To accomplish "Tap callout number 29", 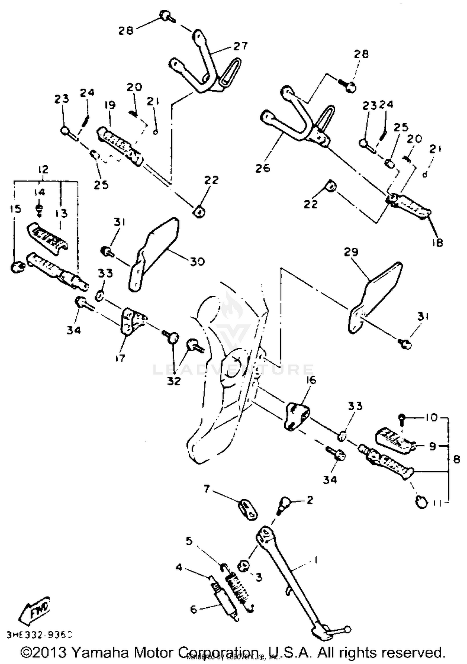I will (x=351, y=252).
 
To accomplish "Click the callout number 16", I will (x=310, y=380).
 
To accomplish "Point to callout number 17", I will (x=120, y=358).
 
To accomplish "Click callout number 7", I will (x=207, y=489).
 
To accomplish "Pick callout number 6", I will (x=194, y=609).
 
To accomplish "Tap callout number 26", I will (x=262, y=168).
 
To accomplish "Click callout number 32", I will (x=174, y=381).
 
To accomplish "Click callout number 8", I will (x=456, y=459).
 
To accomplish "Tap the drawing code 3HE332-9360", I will (x=39, y=634).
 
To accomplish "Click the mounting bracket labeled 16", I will (x=296, y=415).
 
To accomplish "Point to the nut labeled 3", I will (x=243, y=565).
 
